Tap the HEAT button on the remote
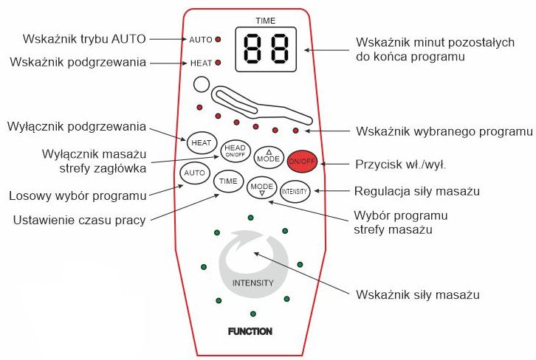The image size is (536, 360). point(200,141)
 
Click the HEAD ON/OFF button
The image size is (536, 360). point(234,150)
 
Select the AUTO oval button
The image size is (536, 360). point(194,173)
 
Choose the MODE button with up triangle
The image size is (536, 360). point(268,156)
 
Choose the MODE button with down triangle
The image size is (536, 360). point(261,189)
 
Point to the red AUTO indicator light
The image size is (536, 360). point(219,38)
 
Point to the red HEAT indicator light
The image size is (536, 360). point(219,63)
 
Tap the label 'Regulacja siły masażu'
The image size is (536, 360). point(418,191)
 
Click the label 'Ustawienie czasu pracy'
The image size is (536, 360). point(78,219)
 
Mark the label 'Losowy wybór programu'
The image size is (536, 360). point(77,195)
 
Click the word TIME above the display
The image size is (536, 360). point(265,20)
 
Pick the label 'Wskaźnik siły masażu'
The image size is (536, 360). point(418,295)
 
